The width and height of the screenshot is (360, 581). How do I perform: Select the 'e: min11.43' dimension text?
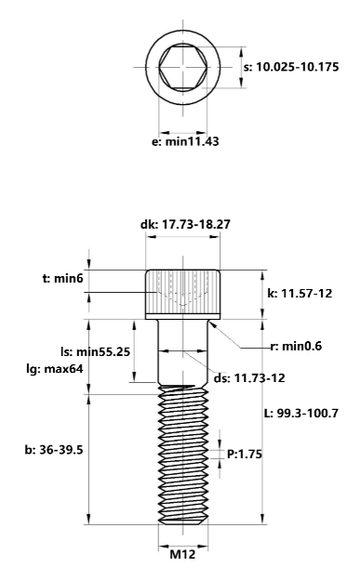coord(185,142)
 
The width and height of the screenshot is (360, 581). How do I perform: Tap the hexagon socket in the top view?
coord(184,67)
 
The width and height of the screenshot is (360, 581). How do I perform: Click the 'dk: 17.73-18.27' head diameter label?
coord(183,224)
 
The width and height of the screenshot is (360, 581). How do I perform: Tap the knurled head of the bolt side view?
coord(183,293)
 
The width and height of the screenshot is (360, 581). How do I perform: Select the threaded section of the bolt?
coord(183,456)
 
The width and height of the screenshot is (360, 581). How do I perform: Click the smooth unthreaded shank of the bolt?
coord(183,353)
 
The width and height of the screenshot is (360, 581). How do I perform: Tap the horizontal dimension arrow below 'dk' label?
coord(183,238)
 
